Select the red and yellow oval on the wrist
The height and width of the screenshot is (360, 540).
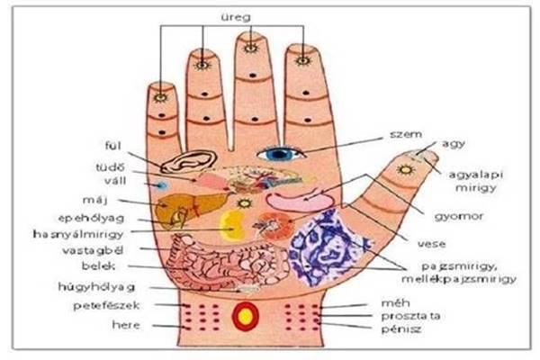(x=245, y=317)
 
